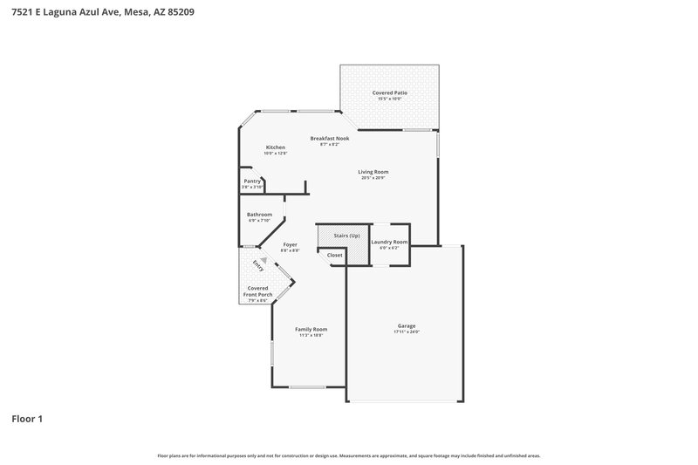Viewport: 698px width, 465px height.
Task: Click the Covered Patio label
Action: point(390,92)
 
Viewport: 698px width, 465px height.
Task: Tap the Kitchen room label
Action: point(276,147)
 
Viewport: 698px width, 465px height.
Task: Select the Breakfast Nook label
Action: point(330,139)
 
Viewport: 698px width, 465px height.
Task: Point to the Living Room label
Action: point(373,172)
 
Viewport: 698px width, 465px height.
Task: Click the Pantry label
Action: point(253,181)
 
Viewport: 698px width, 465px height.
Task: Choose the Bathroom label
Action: point(259,215)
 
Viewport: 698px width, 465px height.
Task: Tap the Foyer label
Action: point(290,245)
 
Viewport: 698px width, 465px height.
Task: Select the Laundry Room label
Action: point(389,242)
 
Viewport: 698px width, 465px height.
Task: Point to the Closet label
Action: point(335,255)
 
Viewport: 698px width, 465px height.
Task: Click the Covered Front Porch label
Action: point(258,291)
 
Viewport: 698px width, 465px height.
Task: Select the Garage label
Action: point(407,326)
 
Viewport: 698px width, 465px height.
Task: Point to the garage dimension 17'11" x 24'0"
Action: point(407,332)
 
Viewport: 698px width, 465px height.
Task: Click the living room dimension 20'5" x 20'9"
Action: point(373,178)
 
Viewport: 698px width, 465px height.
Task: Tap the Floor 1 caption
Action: point(27,419)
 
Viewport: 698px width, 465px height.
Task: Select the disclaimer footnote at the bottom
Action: point(349,455)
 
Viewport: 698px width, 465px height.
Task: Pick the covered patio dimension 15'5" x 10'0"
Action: point(390,99)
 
